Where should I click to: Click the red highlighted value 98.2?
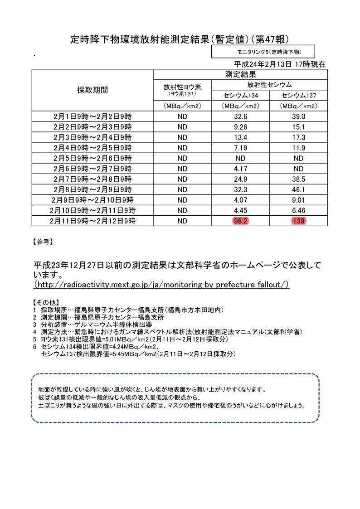tap(240, 221)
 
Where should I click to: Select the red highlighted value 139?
tap(298, 221)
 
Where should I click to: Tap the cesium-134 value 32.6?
tap(240, 116)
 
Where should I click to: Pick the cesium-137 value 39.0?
tap(298, 116)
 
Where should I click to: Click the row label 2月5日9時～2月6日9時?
tap(92, 158)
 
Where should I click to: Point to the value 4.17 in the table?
tap(240, 169)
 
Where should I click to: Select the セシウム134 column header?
tap(240, 95)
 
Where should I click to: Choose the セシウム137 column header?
tap(298, 95)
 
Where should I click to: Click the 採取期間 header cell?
tap(92, 90)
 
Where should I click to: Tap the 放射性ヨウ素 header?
tap(182, 87)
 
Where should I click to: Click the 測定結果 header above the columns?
tap(240, 74)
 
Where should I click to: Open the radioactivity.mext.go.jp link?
tap(162, 285)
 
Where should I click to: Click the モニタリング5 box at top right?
tap(263, 52)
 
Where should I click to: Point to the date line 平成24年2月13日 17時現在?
tap(280, 64)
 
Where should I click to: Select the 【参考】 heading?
tap(44, 242)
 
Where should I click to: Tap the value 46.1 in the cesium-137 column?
tap(298, 189)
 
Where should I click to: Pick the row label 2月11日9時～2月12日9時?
tap(92, 221)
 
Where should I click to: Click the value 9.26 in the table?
tap(240, 127)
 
